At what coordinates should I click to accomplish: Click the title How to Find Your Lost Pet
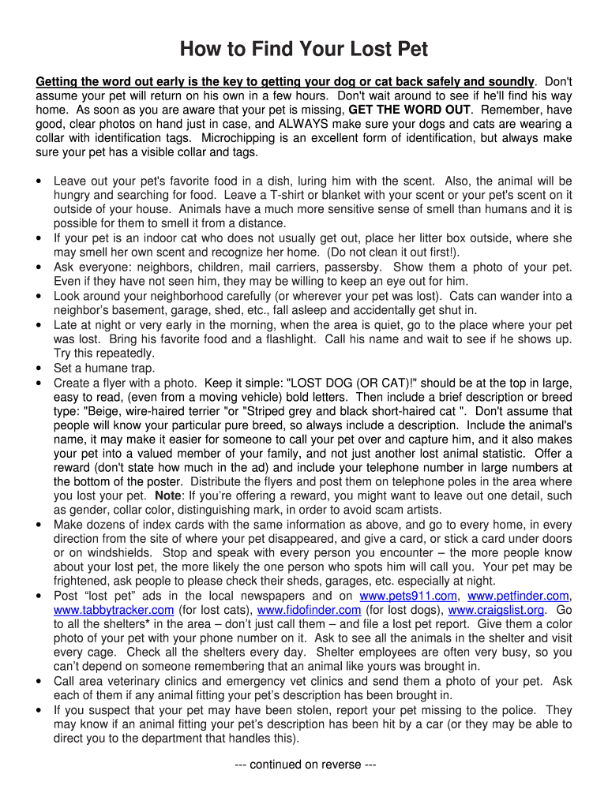pos(304,50)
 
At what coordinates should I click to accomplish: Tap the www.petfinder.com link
pos(519,596)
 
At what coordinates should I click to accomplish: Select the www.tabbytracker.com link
pos(114,610)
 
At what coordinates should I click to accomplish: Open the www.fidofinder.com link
pos(310,610)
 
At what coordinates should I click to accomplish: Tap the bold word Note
pos(168,496)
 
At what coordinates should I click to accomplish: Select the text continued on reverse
pos(305,765)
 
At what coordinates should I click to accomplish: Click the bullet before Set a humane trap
pos(39,368)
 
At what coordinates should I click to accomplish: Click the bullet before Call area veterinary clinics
pos(39,682)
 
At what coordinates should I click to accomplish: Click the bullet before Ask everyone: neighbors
pos(39,267)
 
